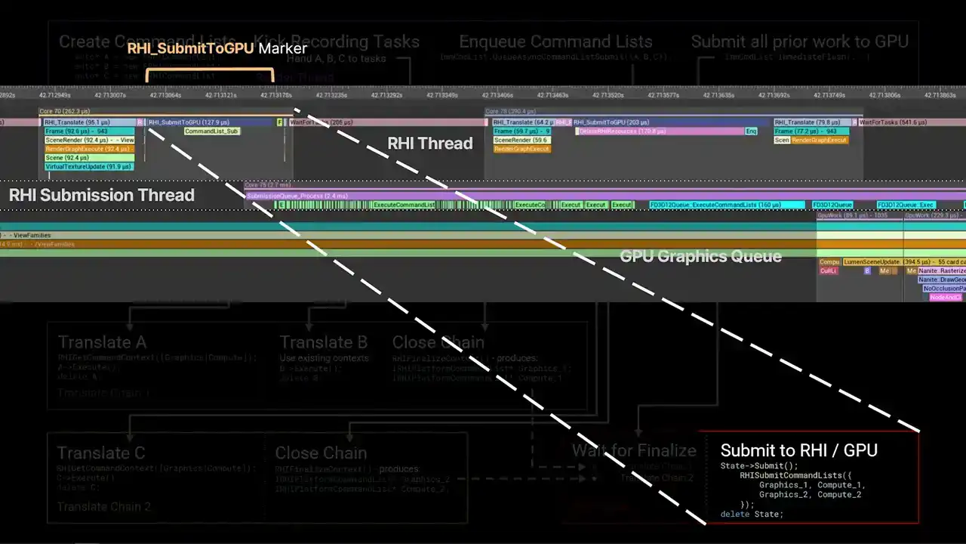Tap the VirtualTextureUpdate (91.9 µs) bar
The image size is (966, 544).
(x=89, y=167)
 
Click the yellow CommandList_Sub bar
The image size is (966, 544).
(x=212, y=131)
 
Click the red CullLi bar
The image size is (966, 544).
(x=829, y=270)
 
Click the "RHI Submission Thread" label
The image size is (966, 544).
(x=102, y=195)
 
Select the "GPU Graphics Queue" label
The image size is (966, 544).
(x=700, y=256)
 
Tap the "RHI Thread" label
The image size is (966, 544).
(x=429, y=144)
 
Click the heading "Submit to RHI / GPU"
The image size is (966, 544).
(x=798, y=450)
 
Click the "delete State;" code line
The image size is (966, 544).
(x=752, y=515)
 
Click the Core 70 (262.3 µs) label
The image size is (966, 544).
(x=65, y=111)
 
